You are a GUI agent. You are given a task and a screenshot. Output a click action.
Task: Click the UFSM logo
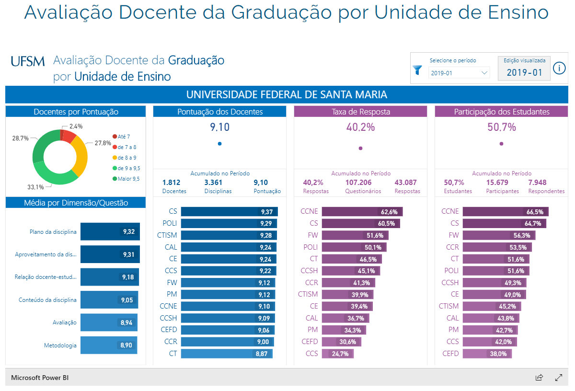pos(28,61)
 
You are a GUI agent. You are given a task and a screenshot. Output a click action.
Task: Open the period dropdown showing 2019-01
pos(459,73)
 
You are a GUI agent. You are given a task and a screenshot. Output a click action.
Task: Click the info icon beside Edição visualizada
pos(559,69)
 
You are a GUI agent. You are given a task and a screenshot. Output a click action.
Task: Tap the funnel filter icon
pos(417,70)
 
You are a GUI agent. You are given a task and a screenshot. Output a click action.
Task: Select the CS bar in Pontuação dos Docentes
pos(229,211)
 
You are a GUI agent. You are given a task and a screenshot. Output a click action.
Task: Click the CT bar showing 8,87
pos(227,354)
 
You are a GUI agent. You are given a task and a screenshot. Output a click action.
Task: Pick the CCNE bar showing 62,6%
pos(362,211)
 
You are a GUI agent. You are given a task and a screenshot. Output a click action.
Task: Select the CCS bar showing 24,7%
pos(337,354)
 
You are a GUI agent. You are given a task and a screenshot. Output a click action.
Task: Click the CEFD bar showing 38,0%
pos(476,354)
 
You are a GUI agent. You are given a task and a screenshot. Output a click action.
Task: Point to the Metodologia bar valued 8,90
pos(109,345)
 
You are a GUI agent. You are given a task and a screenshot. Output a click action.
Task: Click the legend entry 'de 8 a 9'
pos(125,158)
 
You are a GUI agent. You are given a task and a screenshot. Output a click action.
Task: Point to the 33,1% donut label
pos(35,187)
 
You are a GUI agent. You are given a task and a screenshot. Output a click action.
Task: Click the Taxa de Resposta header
pos(360,112)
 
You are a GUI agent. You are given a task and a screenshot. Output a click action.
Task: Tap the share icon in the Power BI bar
pos(539,377)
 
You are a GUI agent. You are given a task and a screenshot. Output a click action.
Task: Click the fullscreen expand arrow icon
pos(559,377)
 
